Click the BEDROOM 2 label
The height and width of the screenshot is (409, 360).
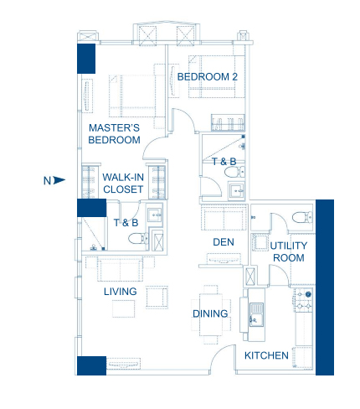208,77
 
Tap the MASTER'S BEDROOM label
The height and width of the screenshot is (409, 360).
114,134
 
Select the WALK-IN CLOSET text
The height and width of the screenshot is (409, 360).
123,184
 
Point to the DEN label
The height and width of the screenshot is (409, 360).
224,242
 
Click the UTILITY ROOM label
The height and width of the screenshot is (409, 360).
289,251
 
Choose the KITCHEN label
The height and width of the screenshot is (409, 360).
266,355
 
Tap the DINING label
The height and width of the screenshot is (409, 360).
210,313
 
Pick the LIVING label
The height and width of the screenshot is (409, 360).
121,292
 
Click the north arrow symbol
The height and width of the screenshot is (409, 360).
59,180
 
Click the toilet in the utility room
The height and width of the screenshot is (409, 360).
302,217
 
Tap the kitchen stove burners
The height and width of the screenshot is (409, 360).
304,300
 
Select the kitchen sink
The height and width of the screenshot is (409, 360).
256,314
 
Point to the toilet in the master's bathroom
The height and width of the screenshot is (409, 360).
138,239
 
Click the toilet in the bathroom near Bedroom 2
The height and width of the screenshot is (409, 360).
234,172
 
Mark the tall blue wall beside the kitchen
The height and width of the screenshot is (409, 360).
325,287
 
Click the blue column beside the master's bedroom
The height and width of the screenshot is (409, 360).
86,59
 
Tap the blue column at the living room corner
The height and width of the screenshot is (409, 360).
91,365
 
